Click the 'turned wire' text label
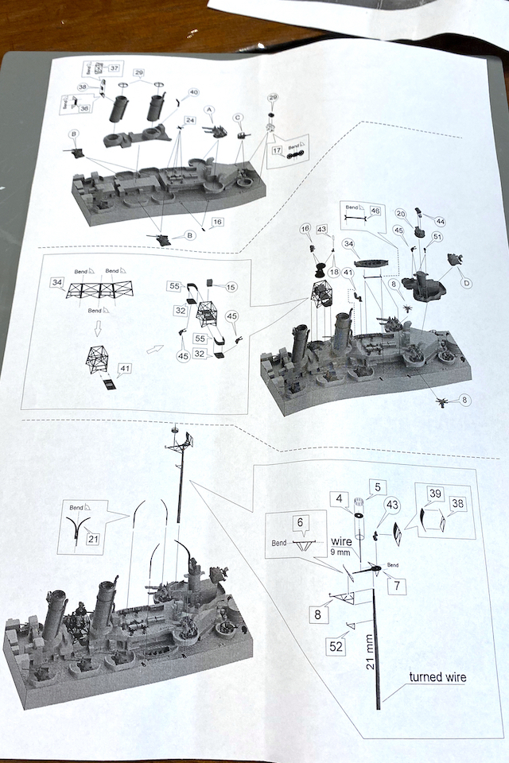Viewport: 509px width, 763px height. point(438,677)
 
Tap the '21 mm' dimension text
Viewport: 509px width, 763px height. point(370,654)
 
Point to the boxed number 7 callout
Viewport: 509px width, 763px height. point(396,587)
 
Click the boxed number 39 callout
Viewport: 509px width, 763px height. point(434,494)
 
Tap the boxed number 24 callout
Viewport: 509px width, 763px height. point(189,120)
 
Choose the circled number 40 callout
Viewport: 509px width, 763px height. point(193,93)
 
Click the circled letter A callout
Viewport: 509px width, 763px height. point(210,109)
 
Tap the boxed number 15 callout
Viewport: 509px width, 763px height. point(231,287)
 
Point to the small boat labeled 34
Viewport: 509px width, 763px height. point(371,262)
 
